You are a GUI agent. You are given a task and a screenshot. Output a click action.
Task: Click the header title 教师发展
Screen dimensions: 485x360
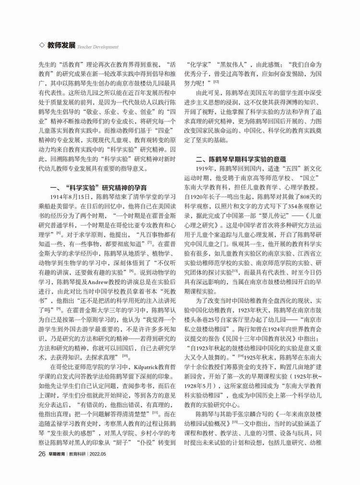[x=61, y=45]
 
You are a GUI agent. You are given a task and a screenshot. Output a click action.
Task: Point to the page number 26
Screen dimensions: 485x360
[x=42, y=453]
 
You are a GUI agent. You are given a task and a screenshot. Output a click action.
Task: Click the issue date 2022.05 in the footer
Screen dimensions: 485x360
[x=106, y=453]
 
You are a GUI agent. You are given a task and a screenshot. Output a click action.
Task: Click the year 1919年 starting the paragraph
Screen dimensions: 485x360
[x=205, y=169]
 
